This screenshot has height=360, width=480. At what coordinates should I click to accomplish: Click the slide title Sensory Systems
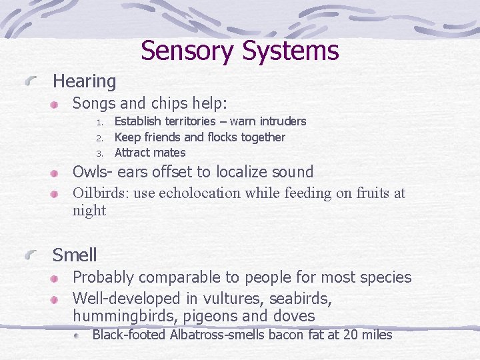(x=240, y=51)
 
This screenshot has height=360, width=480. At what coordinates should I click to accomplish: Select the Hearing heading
(x=84, y=81)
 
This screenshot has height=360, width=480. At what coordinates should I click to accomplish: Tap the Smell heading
(x=75, y=255)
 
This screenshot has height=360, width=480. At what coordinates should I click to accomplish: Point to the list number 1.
(x=98, y=122)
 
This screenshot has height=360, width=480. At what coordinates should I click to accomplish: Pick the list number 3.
(x=98, y=153)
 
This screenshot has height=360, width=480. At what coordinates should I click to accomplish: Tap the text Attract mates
(x=150, y=153)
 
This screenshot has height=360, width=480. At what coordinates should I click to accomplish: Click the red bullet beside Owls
(x=59, y=173)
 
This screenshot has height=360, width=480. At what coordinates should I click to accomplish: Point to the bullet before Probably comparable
(x=59, y=278)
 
